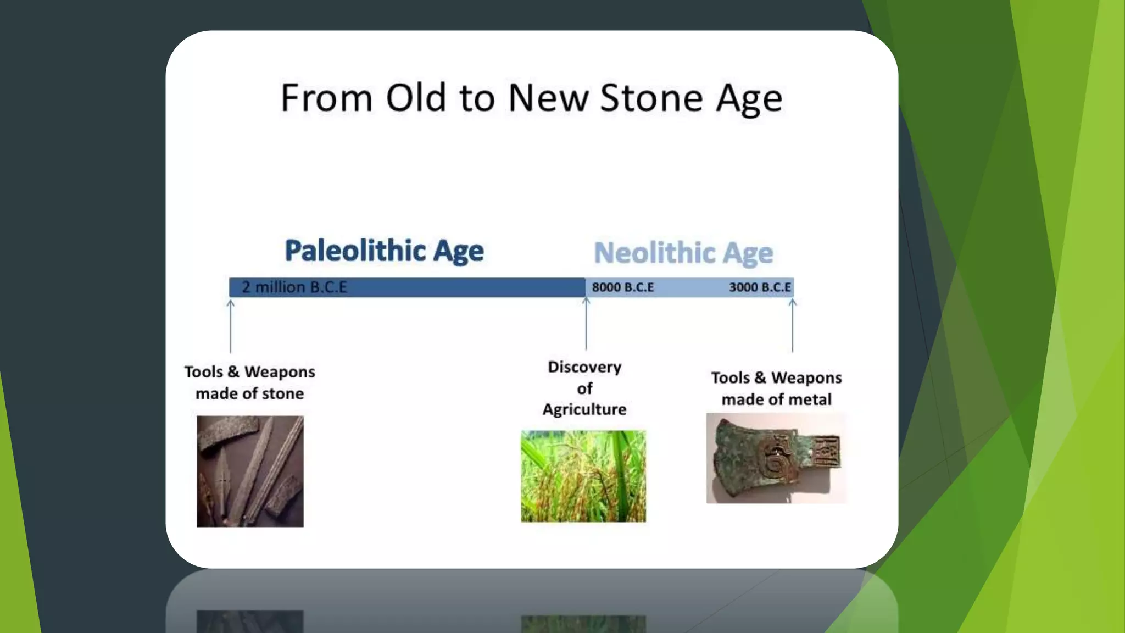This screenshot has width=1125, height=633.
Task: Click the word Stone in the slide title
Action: coord(651,98)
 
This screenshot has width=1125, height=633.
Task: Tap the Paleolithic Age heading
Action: coord(384,251)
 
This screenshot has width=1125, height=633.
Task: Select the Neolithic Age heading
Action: coord(683,253)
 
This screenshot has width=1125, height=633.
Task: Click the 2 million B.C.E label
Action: coord(294,287)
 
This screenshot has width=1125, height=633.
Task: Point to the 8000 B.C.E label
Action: coord(623,287)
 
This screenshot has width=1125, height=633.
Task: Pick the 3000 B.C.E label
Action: coord(760,287)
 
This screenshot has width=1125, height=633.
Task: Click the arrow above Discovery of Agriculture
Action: coord(586,324)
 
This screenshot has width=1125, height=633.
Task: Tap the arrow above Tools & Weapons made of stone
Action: coord(231,326)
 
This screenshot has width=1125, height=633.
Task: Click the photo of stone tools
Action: coord(250,471)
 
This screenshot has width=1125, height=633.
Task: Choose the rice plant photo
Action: coord(583,476)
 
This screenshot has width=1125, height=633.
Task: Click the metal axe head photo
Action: coord(776,458)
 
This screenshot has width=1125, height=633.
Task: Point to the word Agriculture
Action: coord(584,409)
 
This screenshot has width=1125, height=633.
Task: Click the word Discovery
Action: coord(584,367)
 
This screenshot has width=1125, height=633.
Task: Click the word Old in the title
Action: coord(415,98)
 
